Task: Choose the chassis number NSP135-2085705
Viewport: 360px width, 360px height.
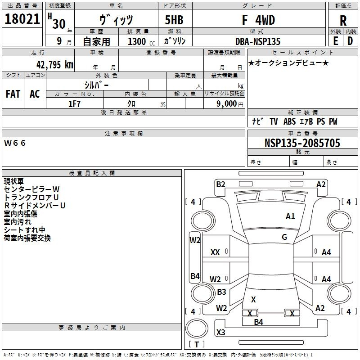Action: pyautogui.click(x=302, y=143)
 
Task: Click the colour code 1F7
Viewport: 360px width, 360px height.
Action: pyautogui.click(x=74, y=103)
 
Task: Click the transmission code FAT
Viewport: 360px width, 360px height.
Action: pyautogui.click(x=13, y=94)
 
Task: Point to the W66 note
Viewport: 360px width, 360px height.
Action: pyautogui.click(x=15, y=143)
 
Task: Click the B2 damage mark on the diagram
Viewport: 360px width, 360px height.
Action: pyautogui.click(x=220, y=184)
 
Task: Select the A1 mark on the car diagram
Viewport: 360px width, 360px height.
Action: pyautogui.click(x=290, y=216)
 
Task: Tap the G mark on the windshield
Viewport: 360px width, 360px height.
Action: pyautogui.click(x=284, y=237)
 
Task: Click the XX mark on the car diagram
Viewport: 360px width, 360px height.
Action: pyautogui.click(x=215, y=253)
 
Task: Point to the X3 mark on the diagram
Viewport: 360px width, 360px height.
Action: pyautogui.click(x=220, y=333)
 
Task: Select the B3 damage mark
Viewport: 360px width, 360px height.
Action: pyautogui.click(x=221, y=292)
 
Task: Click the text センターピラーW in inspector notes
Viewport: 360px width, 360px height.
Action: pyautogui.click(x=31, y=189)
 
